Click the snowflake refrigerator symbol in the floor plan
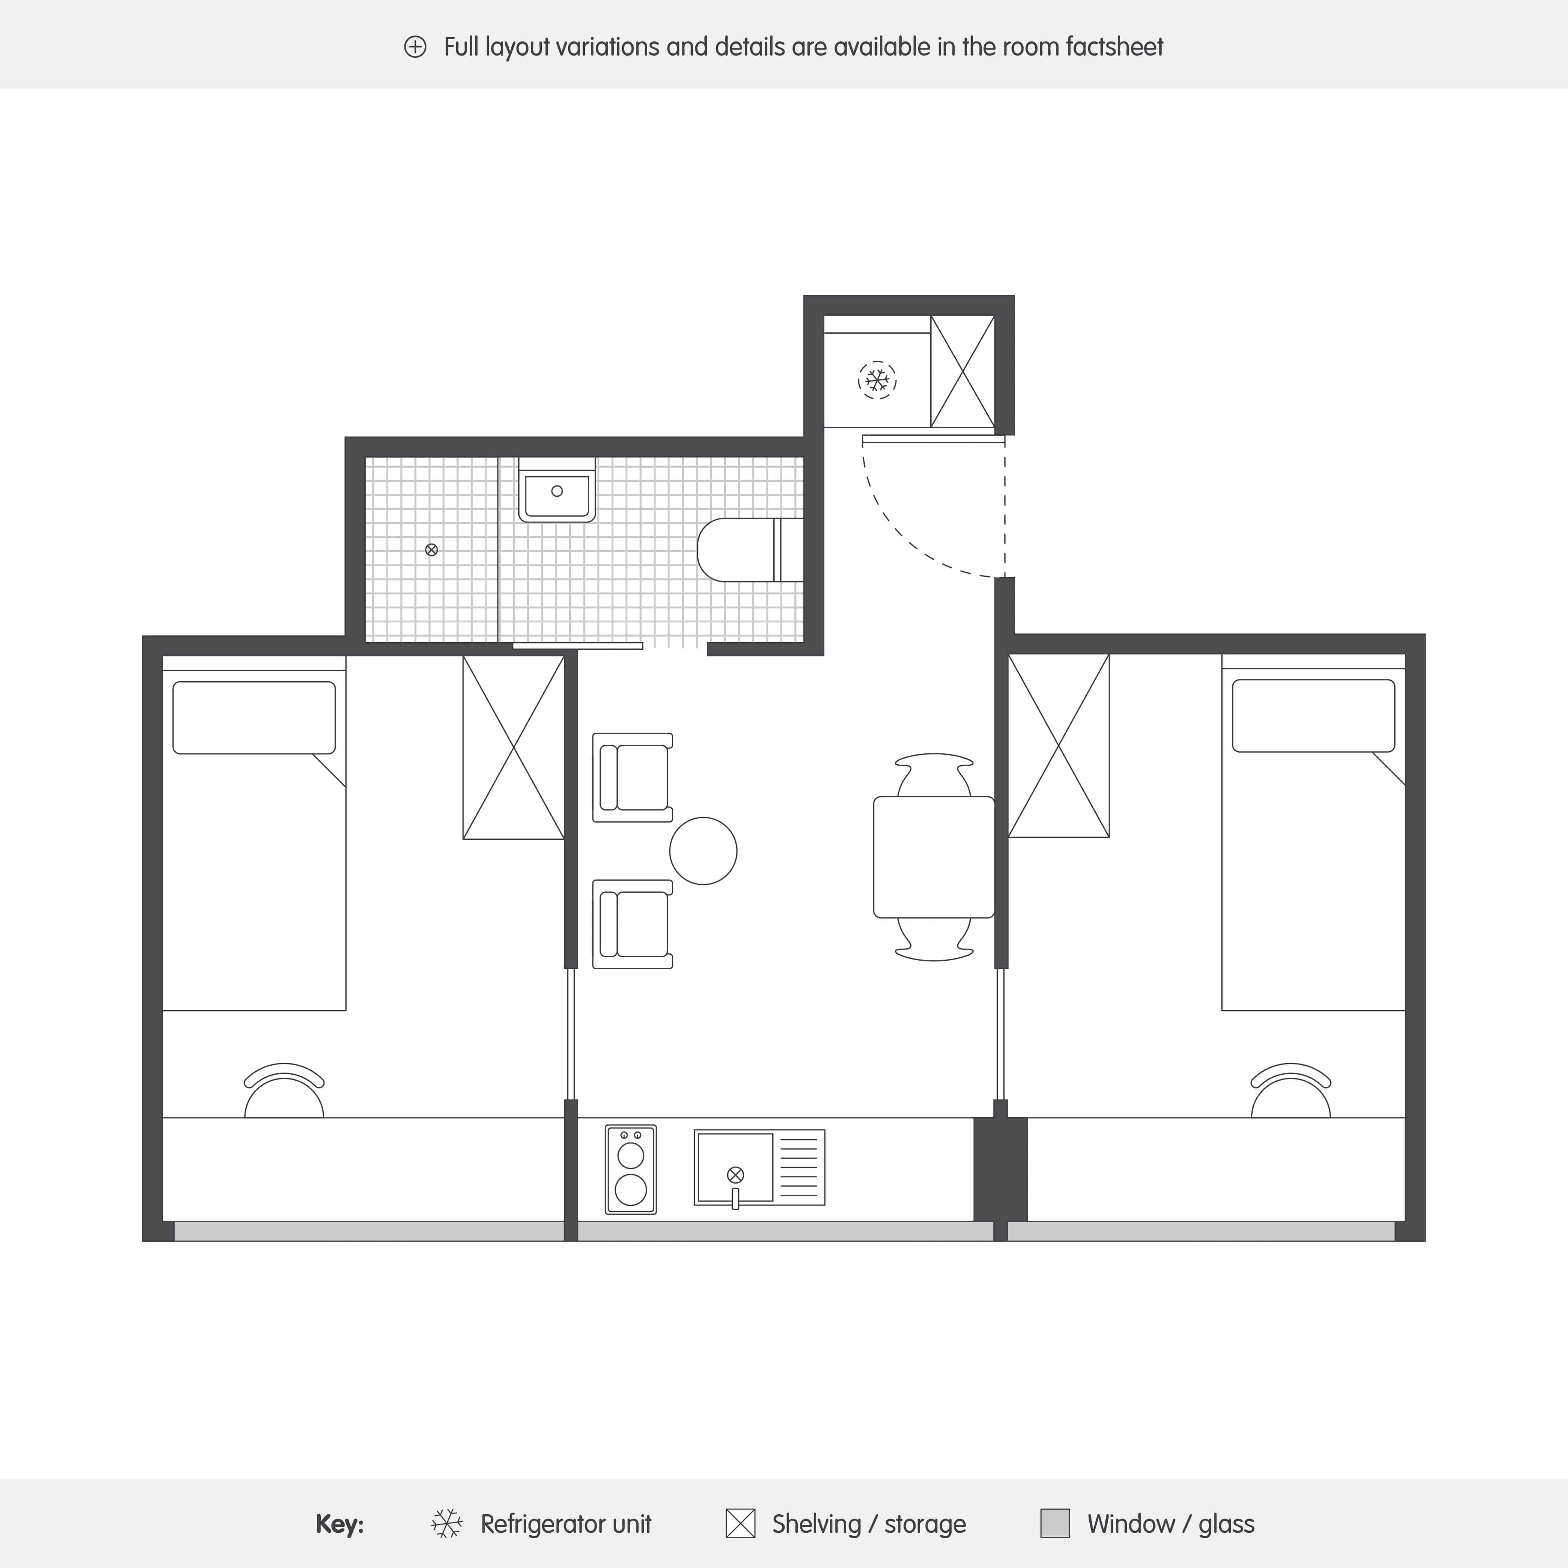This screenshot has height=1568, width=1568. tap(876, 380)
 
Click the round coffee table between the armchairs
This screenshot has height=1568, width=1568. tap(703, 850)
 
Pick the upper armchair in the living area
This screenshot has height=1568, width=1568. tap(633, 777)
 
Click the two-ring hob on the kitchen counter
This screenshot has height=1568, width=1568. tap(631, 1170)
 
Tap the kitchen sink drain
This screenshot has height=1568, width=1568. tap(735, 1174)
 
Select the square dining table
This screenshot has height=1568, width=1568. tap(933, 857)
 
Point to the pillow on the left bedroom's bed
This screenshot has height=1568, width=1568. tap(254, 718)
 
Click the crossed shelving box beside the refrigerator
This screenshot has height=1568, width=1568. tap(963, 371)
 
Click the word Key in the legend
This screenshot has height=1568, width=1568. tap(339, 1524)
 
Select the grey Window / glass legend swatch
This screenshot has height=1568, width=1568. tap(1055, 1523)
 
